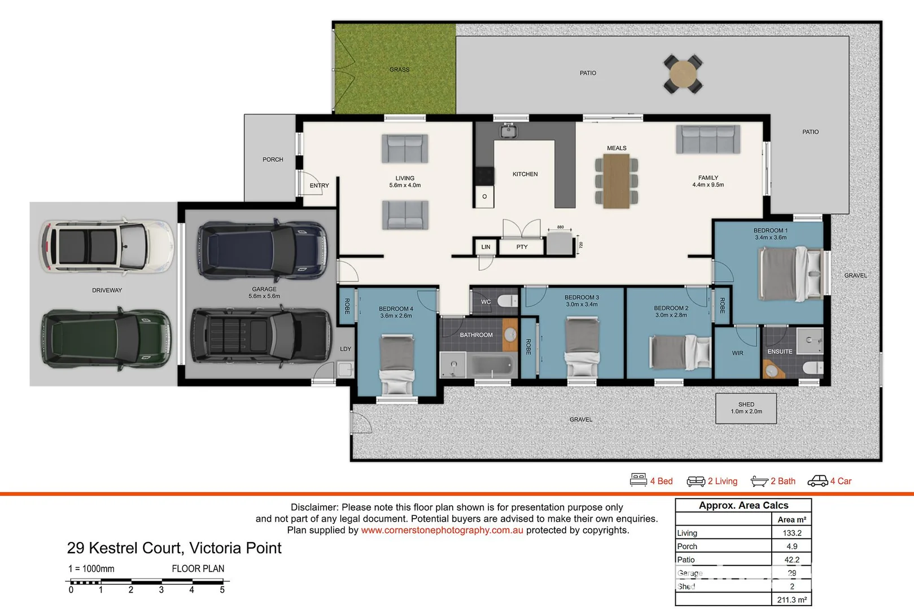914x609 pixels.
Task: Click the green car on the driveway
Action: tap(106, 339)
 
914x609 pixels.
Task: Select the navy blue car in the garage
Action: tap(262, 250)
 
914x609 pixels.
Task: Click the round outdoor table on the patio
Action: tap(683, 73)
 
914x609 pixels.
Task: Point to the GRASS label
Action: tap(399, 70)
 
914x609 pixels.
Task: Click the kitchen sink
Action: tap(508, 131)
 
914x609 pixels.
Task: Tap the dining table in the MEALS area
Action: tap(616, 181)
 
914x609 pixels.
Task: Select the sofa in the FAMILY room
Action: tap(708, 139)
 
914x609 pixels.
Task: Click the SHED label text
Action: tap(746, 404)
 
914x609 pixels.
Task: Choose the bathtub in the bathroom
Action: tap(493, 366)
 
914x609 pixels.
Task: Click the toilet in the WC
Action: tap(510, 301)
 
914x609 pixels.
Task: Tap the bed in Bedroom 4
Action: tap(396, 364)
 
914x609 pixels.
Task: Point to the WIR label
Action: tap(737, 353)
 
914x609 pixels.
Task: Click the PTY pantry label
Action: tap(522, 247)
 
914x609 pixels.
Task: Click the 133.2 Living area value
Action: tap(791, 533)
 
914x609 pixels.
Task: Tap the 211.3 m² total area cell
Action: tap(791, 600)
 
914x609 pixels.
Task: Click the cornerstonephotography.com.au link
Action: tap(442, 530)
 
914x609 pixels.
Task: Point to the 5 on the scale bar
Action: tap(222, 590)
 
